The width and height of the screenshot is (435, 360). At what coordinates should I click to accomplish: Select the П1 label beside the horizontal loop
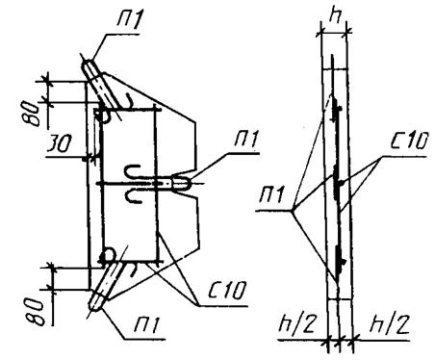tap(246, 140)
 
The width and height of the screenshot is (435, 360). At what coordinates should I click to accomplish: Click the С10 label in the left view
tap(227, 290)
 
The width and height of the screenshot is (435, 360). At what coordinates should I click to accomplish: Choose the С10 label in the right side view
tap(409, 141)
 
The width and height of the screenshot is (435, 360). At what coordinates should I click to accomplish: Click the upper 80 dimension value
tap(33, 114)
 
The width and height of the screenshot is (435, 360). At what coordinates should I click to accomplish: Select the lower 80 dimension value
tap(35, 313)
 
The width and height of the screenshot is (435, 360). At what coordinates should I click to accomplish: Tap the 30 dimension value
tap(59, 144)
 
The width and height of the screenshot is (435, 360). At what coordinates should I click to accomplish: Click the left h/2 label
tap(297, 324)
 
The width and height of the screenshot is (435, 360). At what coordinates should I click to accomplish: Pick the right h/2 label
tap(390, 324)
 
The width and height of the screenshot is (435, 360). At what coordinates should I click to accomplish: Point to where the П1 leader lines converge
tap(293, 211)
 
